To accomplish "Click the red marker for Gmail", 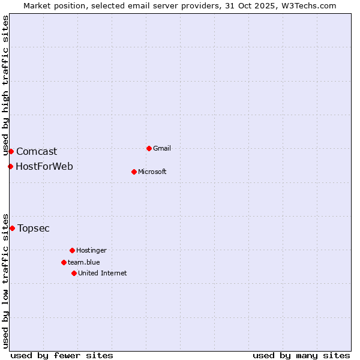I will [149, 148].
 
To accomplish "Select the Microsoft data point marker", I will [134, 172].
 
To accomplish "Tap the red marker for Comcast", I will [11, 151].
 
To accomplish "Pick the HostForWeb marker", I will [10, 166].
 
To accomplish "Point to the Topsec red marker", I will [12, 228].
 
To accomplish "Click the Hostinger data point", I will [72, 250].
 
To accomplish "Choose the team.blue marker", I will [64, 262].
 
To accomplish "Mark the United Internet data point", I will [74, 273].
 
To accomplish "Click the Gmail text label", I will [162, 148].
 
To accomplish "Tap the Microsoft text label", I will [152, 172].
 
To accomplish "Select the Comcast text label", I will [37, 152].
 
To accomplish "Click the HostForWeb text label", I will [44, 166].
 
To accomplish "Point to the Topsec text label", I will [34, 228].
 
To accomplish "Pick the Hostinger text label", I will [91, 250].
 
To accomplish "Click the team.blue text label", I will [84, 262].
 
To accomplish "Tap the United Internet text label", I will [103, 273].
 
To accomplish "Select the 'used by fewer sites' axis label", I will [62, 355].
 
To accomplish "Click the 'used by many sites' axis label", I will [301, 355].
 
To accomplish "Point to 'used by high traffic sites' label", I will [5, 85].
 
